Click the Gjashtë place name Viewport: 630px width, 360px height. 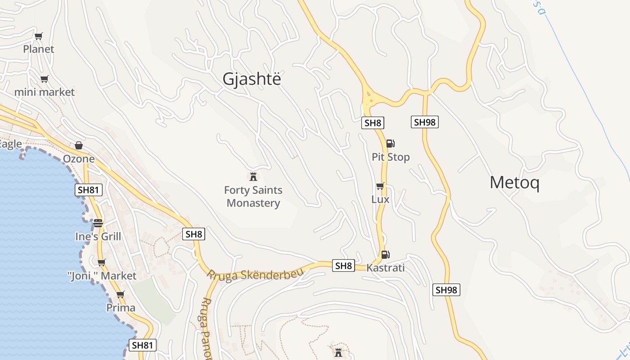pos(252,79)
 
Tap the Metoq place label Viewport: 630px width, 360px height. pos(514,183)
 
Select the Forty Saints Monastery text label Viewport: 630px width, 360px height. pos(253,197)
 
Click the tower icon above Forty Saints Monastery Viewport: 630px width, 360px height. pos(253,176)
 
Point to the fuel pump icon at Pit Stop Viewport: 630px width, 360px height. pos(390,144)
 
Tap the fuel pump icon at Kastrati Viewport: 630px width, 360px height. pos(385,255)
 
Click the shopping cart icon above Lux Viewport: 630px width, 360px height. pos(380,186)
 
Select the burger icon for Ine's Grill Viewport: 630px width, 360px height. pos(98,223)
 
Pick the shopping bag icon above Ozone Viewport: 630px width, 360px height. pos(79,145)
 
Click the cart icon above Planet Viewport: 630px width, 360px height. pos(39,36)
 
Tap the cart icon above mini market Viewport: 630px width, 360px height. pos(44,79)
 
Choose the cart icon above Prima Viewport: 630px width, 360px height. pos(120,295)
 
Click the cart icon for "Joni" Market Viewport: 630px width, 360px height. pos(102,262)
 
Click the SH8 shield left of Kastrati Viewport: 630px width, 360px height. pos(343,265)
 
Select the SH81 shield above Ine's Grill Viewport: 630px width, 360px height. pos(89,190)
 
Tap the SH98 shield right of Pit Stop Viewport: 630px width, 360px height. pos(424,122)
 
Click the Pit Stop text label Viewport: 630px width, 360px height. pos(391,157)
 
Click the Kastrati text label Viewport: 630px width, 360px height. pos(386,268)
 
